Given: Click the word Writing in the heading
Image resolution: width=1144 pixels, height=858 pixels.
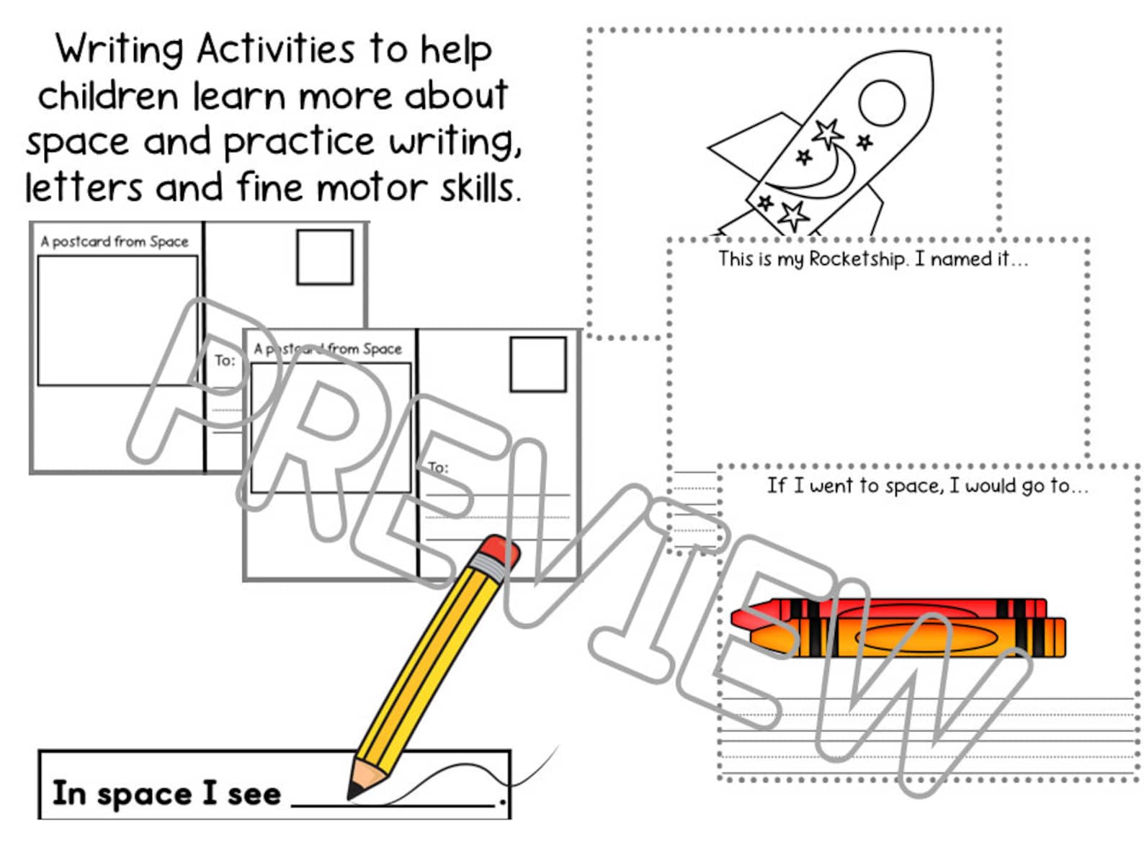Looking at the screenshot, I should tap(120, 50).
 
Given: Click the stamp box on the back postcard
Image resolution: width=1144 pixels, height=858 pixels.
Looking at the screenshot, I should tap(325, 257).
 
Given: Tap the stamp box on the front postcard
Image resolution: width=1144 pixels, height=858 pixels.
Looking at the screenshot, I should tap(537, 365).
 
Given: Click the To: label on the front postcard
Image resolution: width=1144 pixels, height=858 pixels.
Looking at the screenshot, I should tap(438, 467).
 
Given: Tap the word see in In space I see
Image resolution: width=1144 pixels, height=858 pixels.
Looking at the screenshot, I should tap(254, 794).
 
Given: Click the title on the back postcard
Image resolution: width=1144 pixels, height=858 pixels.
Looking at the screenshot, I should tap(115, 241).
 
